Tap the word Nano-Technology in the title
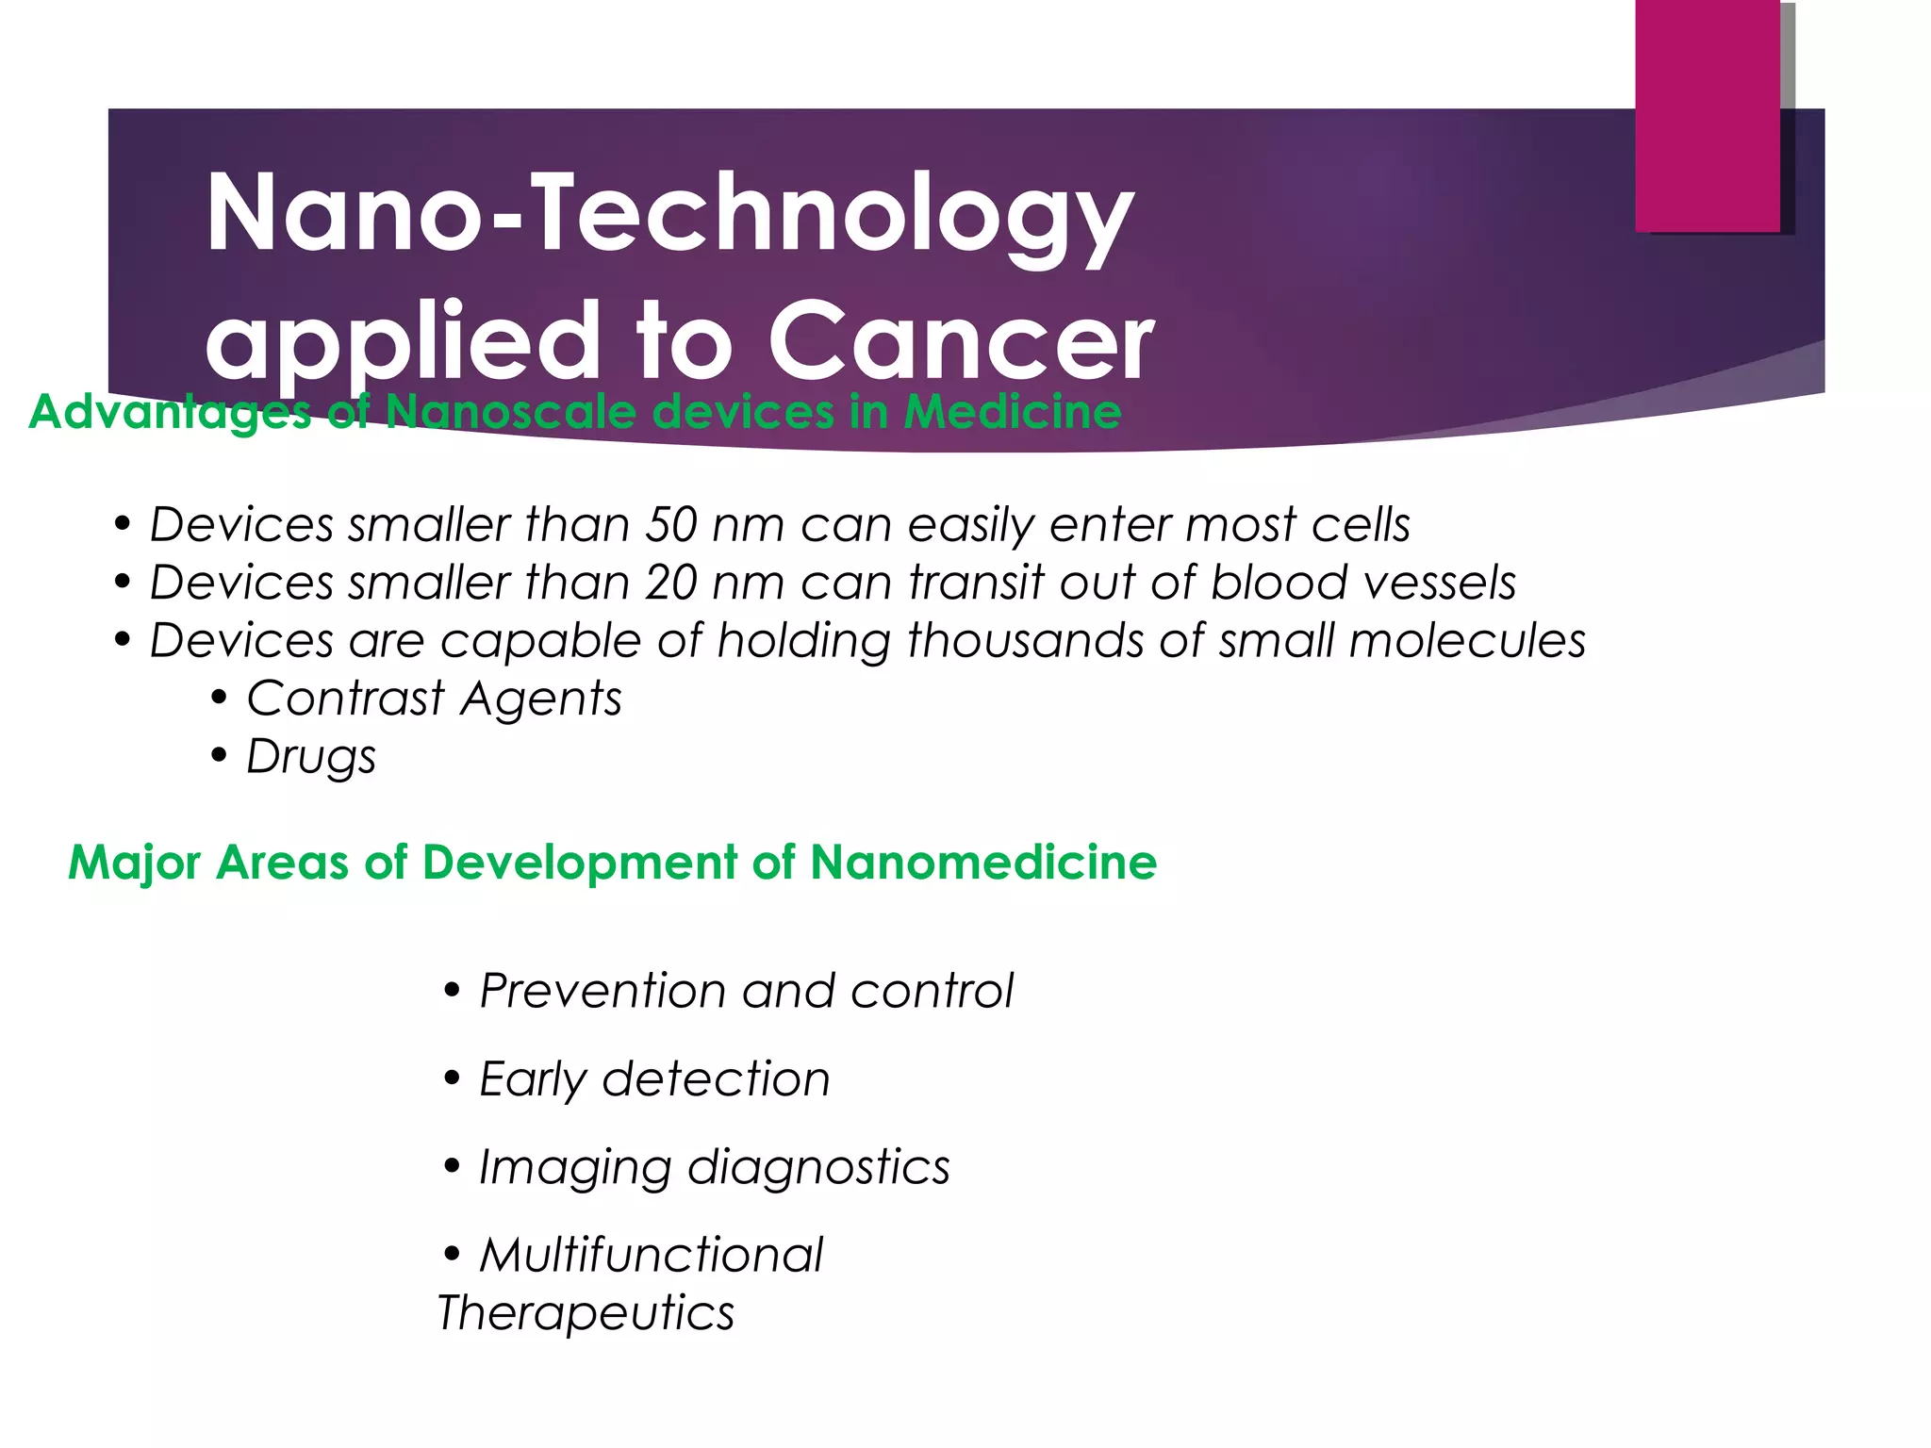point(669,215)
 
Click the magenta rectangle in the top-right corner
point(1707,115)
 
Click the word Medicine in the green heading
point(1012,412)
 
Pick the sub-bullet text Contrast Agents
point(434,699)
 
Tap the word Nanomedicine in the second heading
point(982,863)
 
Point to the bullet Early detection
point(654,1080)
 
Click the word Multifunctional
point(651,1256)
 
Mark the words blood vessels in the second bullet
point(1363,584)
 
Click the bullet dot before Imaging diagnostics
point(453,1168)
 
